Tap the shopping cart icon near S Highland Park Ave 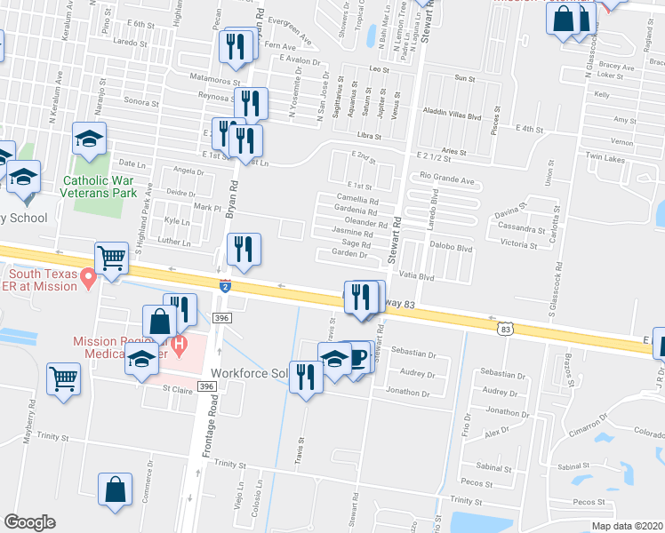[x=112, y=259]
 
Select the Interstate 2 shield [x=225, y=287]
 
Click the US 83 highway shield [x=506, y=329]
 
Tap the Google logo [x=29, y=522]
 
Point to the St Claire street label [x=178, y=388]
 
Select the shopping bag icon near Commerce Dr [x=116, y=490]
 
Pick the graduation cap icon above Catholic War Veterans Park [x=89, y=139]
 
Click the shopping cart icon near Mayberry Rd [x=64, y=379]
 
